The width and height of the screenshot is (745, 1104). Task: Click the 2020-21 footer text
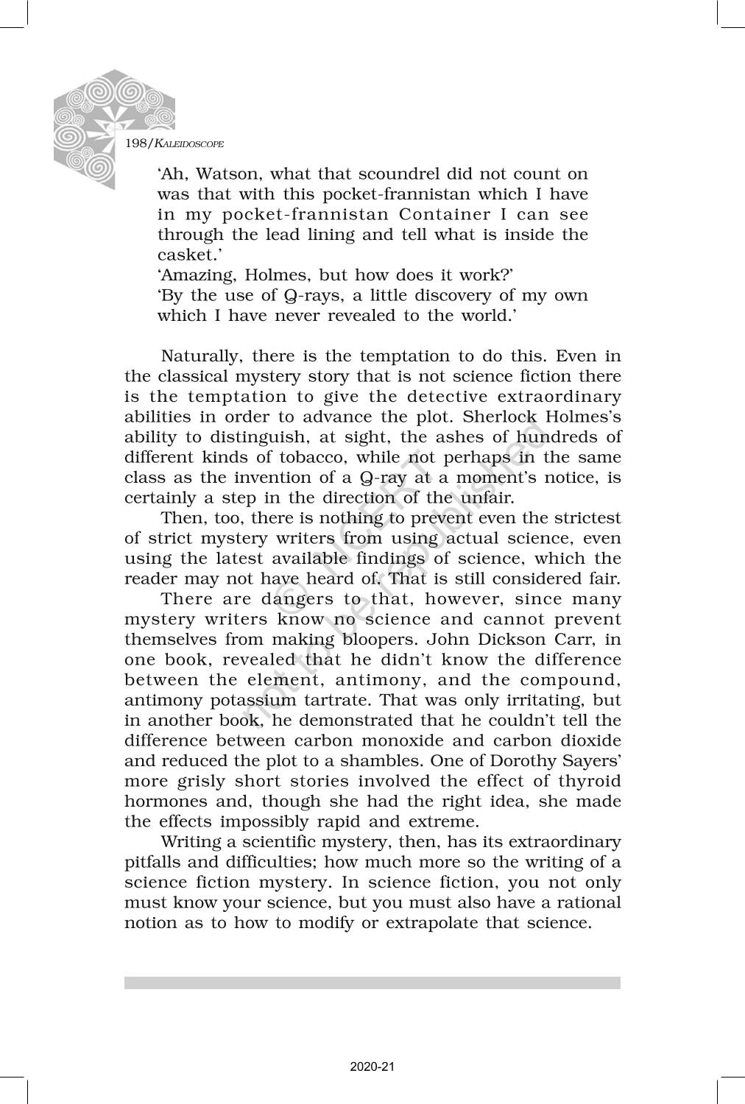click(372, 1066)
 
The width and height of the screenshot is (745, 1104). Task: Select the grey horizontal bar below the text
click(372, 983)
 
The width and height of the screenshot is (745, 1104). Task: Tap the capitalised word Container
click(445, 215)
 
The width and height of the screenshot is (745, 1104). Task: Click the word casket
click(181, 255)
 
